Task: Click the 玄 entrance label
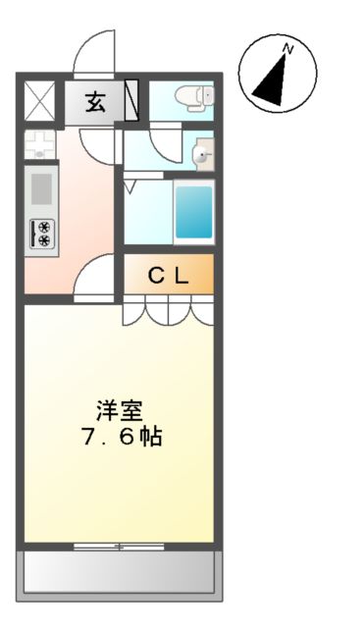(x=95, y=100)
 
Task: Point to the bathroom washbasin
(x=200, y=153)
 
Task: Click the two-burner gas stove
(x=43, y=233)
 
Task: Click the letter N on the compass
(x=288, y=47)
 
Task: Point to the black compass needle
(x=273, y=78)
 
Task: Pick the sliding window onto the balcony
(x=119, y=545)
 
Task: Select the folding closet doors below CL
(x=168, y=313)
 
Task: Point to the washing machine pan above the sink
(x=41, y=145)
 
